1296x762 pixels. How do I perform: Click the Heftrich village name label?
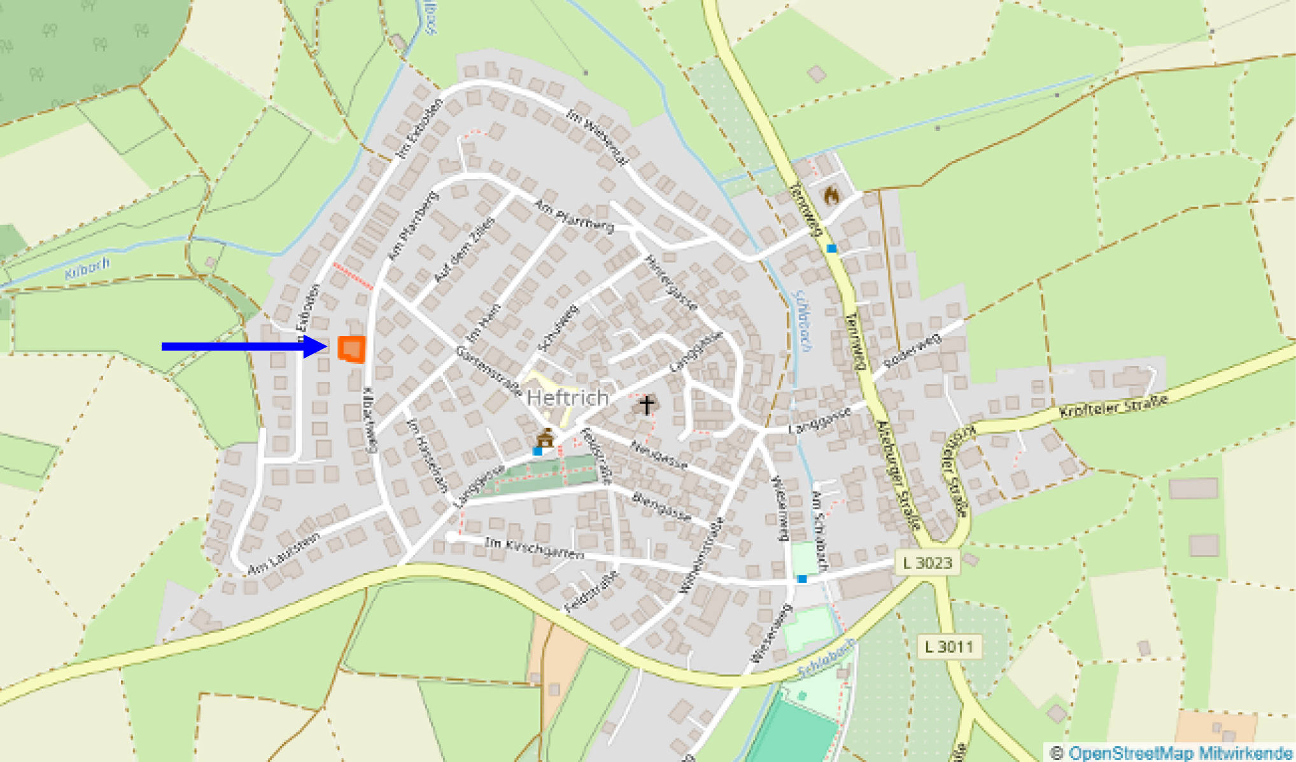pos(568,399)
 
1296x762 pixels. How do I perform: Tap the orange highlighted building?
pos(351,349)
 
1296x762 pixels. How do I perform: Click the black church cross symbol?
pos(647,405)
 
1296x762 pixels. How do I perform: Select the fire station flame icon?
pos(831,195)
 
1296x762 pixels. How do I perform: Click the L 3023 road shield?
pos(927,563)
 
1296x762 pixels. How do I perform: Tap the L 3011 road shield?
pos(949,647)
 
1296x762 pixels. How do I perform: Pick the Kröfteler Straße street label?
pos(1113,406)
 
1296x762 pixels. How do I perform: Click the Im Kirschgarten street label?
pos(534,548)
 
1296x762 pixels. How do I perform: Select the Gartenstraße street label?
pos(488,372)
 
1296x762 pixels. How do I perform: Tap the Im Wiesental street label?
pos(596,136)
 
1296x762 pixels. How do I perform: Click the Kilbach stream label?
pos(87,269)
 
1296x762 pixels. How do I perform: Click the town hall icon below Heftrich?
pos(545,438)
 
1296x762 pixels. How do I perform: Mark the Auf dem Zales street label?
pos(464,250)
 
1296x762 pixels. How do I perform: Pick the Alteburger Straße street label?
pos(898,475)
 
